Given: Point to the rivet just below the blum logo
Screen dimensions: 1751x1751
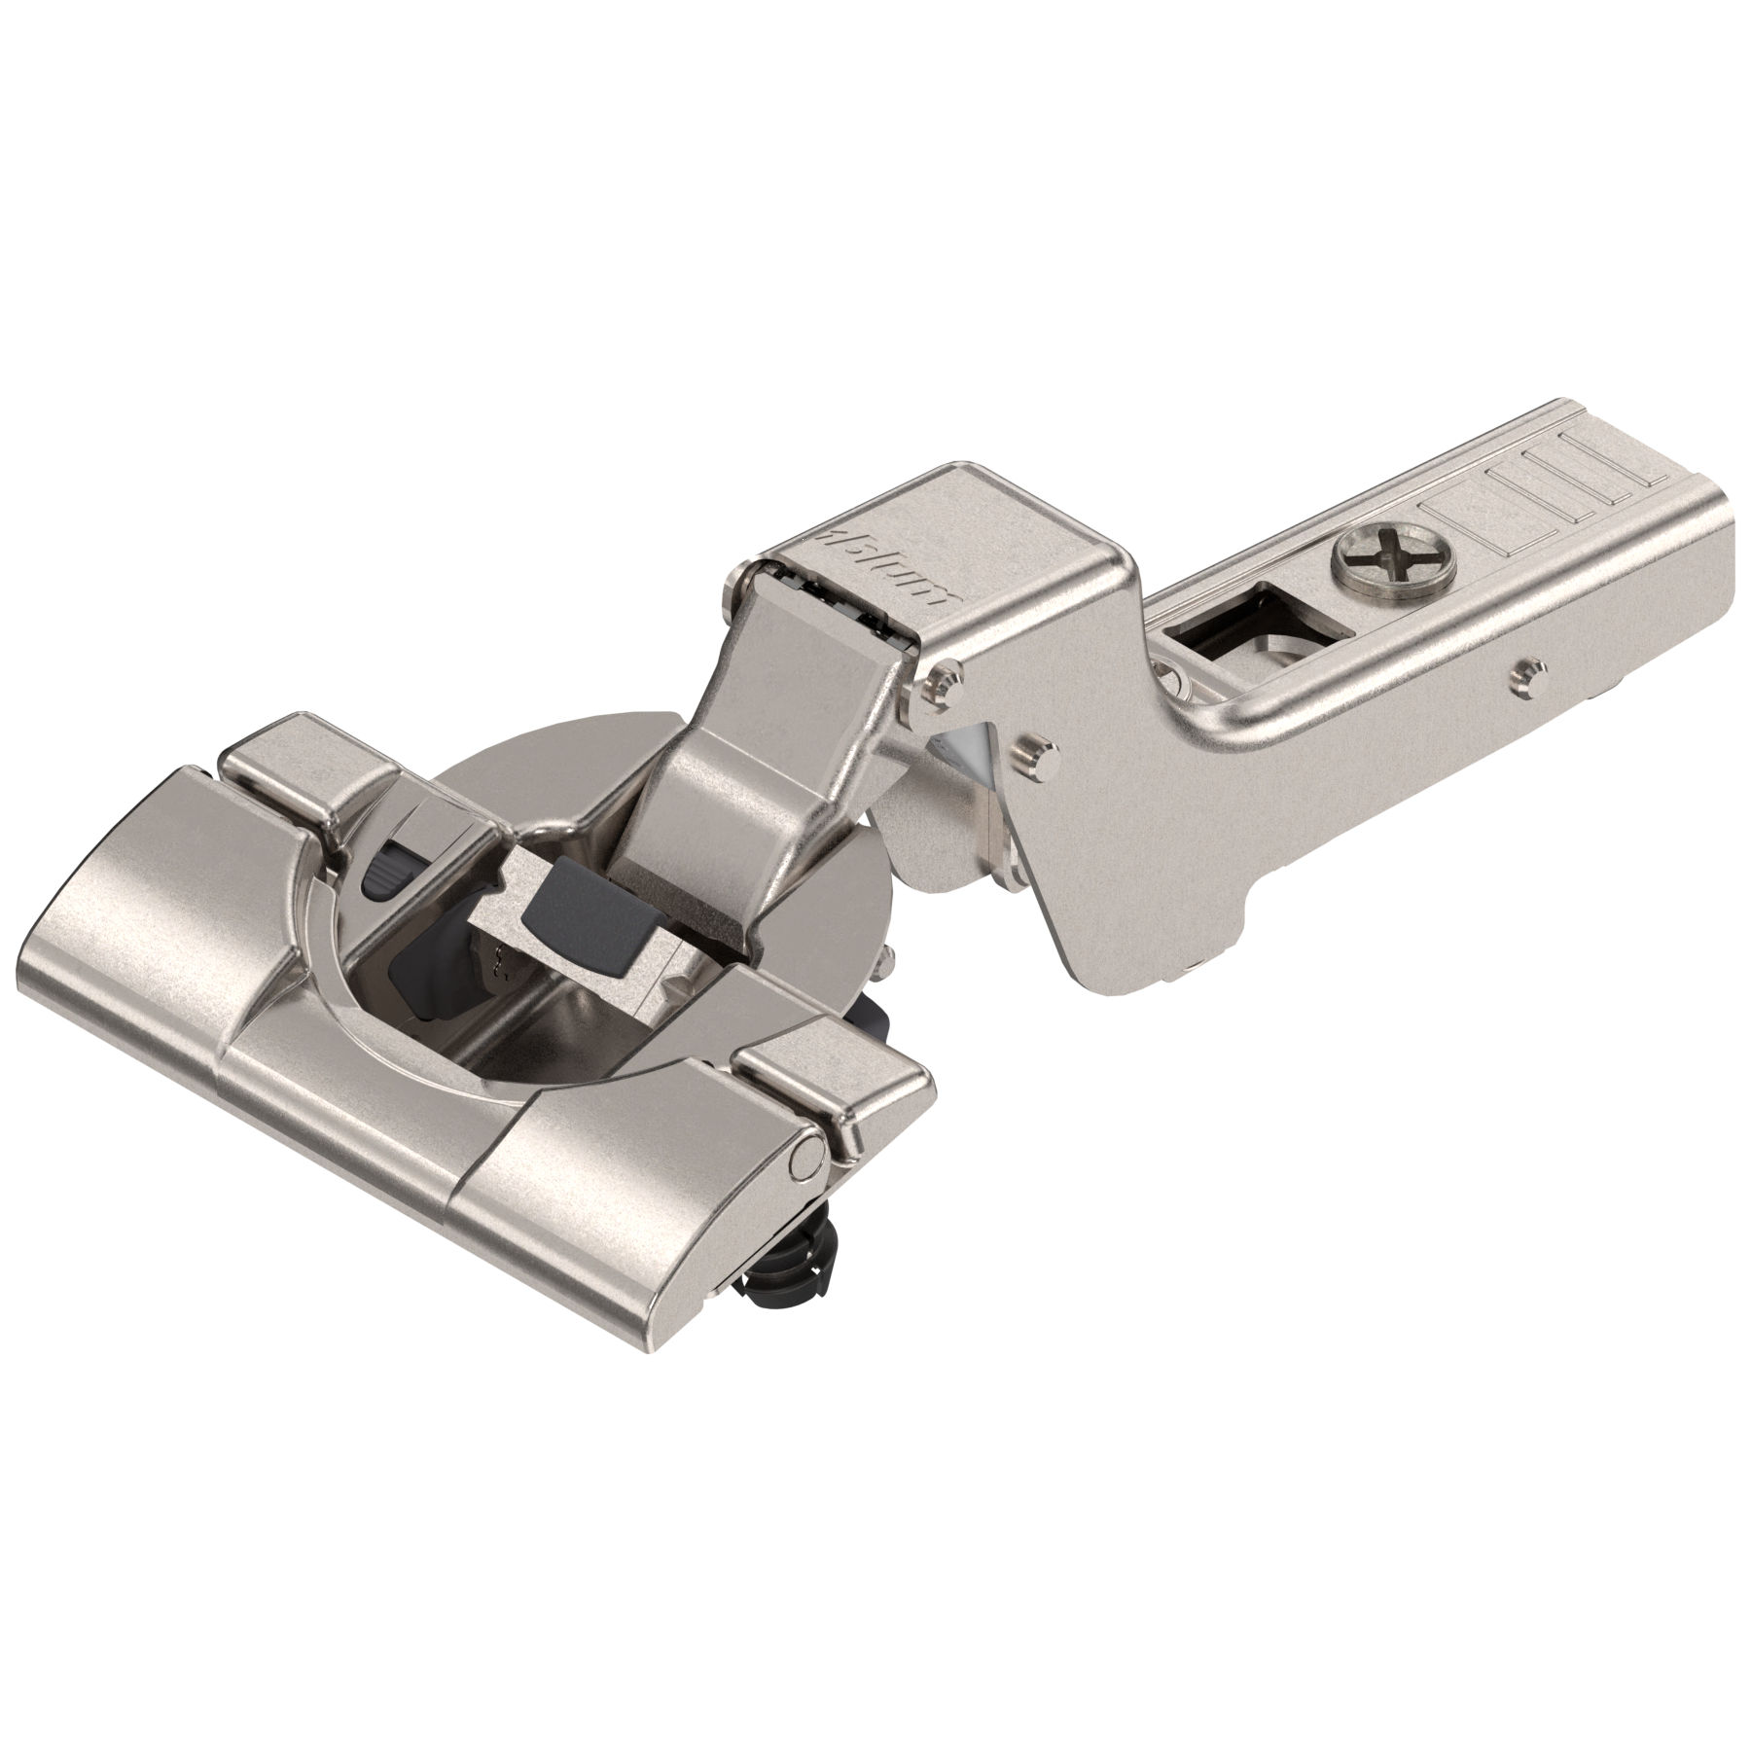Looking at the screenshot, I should (x=941, y=676).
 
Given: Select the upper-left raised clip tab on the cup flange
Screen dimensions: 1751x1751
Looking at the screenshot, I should (x=292, y=768).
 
